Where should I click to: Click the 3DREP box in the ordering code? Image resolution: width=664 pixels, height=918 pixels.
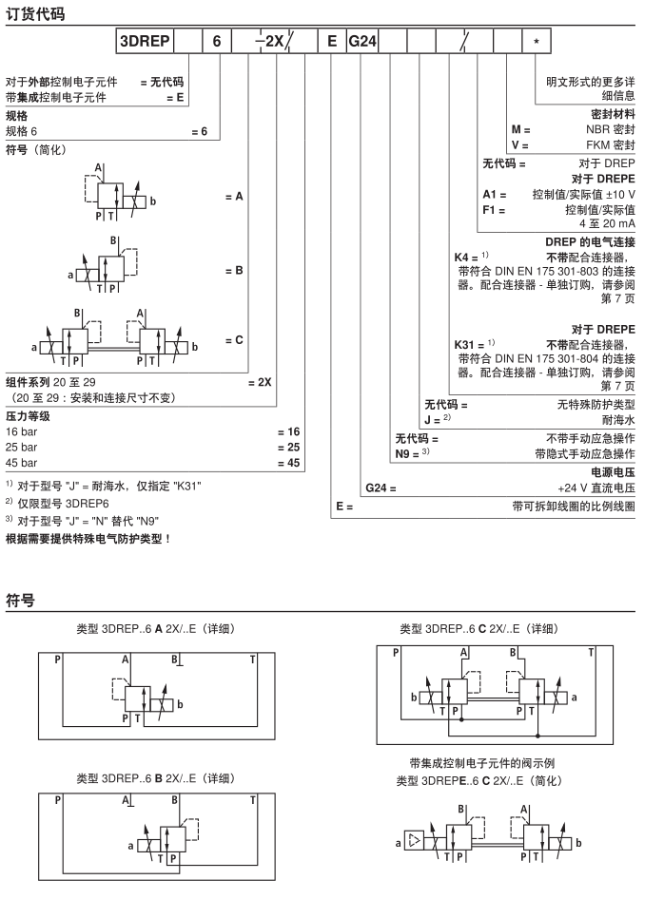click(x=145, y=41)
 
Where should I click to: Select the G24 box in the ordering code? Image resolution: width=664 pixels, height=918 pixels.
click(x=362, y=41)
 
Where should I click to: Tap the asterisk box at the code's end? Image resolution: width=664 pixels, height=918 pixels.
click(x=537, y=41)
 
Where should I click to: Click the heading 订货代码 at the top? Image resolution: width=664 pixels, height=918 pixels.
click(x=35, y=13)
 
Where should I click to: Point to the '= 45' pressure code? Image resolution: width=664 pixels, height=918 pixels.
click(x=289, y=463)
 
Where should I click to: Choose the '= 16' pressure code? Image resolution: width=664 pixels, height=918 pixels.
click(x=289, y=432)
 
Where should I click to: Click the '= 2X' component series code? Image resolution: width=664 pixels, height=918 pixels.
click(x=260, y=382)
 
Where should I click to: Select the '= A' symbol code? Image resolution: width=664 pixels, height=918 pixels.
click(x=234, y=197)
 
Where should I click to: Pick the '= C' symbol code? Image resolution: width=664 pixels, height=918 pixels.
click(x=234, y=340)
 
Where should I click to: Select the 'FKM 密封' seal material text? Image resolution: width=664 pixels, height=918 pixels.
click(x=611, y=145)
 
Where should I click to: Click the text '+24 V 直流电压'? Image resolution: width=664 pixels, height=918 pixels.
click(x=596, y=488)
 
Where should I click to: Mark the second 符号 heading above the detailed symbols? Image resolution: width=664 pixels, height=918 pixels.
click(x=21, y=600)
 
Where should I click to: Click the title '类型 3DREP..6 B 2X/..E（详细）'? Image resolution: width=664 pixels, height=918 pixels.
click(x=156, y=778)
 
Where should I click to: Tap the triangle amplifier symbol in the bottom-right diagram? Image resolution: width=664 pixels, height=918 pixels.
click(x=415, y=841)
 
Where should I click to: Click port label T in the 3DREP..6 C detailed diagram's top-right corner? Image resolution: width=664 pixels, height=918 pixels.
click(x=591, y=652)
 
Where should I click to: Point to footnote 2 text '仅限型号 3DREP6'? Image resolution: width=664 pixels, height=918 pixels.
click(x=64, y=504)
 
